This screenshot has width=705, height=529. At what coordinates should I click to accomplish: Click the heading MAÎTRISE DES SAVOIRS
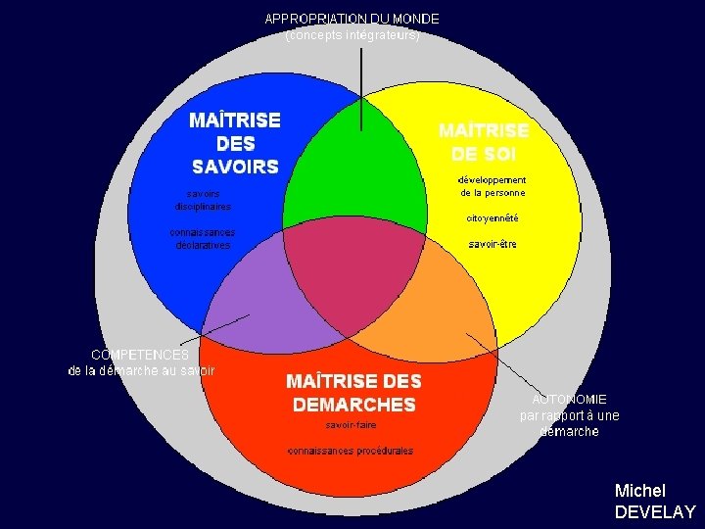[235, 143]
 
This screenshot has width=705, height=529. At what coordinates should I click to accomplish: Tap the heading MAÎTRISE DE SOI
[484, 143]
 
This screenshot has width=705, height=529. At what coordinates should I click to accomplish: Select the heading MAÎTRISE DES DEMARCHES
[353, 392]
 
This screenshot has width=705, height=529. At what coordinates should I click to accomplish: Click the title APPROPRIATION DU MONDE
[352, 19]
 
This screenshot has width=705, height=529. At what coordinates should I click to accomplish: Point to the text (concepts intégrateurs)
[352, 35]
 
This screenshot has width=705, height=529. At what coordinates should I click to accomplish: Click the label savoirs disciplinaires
[204, 200]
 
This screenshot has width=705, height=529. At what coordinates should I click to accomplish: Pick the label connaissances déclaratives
[202, 239]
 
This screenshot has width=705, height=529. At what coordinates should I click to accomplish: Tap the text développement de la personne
[493, 186]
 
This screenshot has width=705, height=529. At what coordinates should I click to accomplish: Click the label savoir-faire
[351, 425]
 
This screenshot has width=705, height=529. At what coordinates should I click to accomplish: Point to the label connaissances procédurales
[351, 451]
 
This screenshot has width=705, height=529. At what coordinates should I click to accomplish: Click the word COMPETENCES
[140, 355]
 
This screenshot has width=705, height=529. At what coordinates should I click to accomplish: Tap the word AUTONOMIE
[570, 400]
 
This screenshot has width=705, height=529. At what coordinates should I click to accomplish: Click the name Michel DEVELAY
[654, 501]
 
